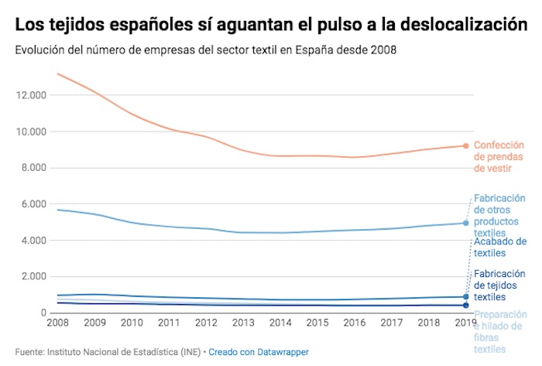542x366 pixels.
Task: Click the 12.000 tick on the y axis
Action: click(x=30, y=95)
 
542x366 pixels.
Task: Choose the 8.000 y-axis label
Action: click(x=33, y=168)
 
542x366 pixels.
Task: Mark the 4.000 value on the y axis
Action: click(x=33, y=241)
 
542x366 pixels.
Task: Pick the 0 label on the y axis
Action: click(x=43, y=313)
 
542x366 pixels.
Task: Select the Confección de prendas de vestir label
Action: click(x=499, y=156)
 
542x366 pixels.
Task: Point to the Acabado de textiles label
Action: click(x=499, y=247)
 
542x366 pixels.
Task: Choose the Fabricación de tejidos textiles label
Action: click(x=499, y=285)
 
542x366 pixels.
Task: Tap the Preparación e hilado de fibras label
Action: click(x=499, y=332)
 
